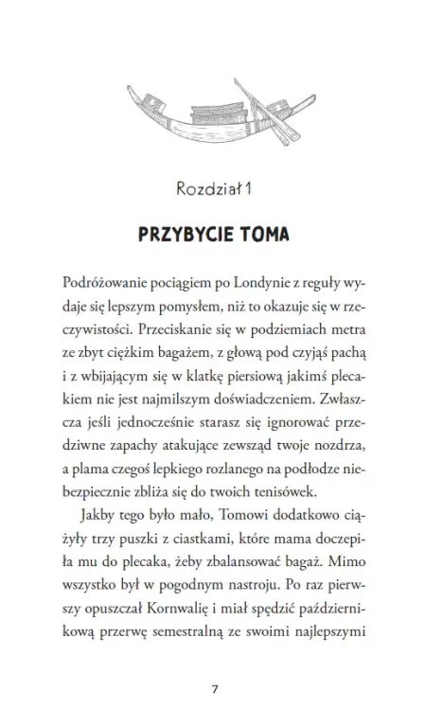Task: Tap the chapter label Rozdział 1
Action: [x=220, y=189]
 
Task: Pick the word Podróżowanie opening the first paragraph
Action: [x=106, y=284]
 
